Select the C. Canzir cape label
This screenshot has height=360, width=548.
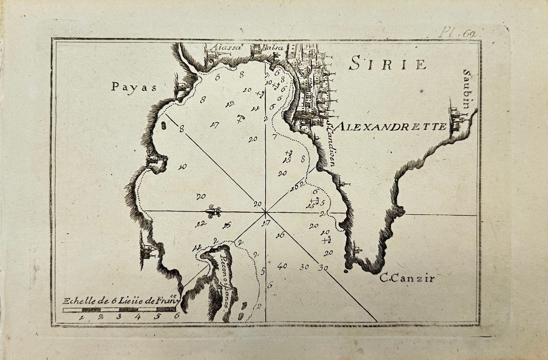[x=406, y=279]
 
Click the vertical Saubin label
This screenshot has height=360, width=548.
[x=466, y=89]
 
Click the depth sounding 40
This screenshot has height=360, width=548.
[x=282, y=266]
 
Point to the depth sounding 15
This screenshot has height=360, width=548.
[x=287, y=160]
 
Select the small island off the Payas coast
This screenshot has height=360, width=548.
[x=163, y=125]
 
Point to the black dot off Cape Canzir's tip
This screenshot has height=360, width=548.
[x=345, y=271]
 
